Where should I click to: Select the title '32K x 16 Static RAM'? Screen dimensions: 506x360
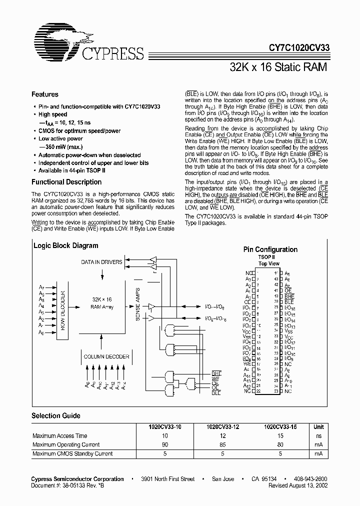[278, 67]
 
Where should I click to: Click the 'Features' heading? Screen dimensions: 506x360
[45, 94]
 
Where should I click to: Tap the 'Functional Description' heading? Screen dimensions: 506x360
[66, 182]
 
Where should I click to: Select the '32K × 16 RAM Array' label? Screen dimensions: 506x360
[102, 303]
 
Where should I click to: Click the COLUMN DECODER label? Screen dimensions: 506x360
[106, 356]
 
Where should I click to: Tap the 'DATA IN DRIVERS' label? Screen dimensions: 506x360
[101, 262]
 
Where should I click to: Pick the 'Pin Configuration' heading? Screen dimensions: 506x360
[270, 249]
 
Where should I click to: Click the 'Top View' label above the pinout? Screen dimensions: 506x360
[269, 263]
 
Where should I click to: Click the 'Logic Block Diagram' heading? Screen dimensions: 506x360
[65, 245]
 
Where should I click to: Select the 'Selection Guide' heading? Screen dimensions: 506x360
[55, 415]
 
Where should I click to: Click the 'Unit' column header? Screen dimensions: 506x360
[318, 426]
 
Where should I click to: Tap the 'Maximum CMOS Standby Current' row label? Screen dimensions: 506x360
[72, 453]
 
